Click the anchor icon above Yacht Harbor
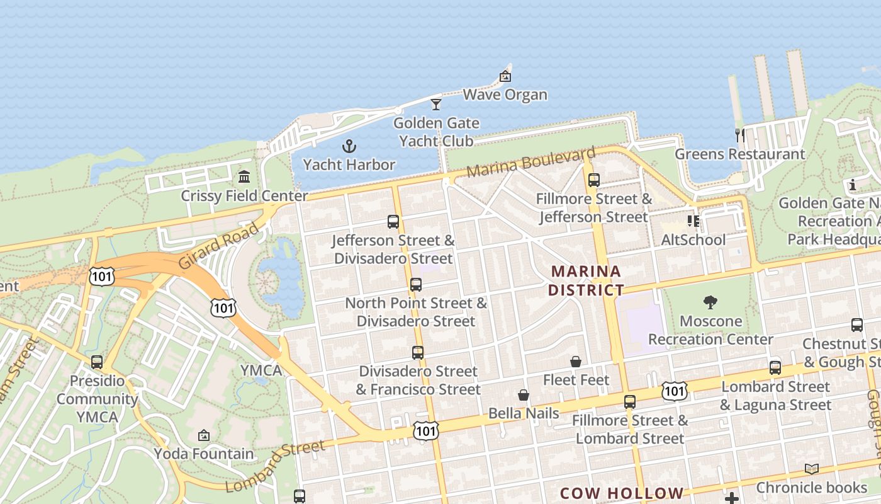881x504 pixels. (349, 146)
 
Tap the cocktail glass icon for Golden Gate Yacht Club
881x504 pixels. (436, 104)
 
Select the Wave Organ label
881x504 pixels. (505, 95)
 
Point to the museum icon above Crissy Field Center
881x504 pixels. (244, 176)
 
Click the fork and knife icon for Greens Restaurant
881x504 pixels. (740, 135)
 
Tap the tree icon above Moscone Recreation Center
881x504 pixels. (710, 302)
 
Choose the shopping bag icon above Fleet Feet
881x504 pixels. (576, 362)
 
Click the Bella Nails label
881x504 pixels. (524, 413)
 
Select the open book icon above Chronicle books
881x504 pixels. (812, 469)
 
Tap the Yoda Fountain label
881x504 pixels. (204, 454)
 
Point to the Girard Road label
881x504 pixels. (219, 246)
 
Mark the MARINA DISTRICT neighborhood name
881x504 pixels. (586, 281)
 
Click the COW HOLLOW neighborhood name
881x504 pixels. (621, 493)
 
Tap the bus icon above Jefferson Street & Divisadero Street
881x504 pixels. (393, 222)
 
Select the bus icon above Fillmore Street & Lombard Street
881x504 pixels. (630, 402)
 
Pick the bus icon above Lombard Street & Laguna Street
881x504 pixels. (775, 368)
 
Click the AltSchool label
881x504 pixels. (693, 240)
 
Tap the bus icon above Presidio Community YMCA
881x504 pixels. (96, 362)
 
